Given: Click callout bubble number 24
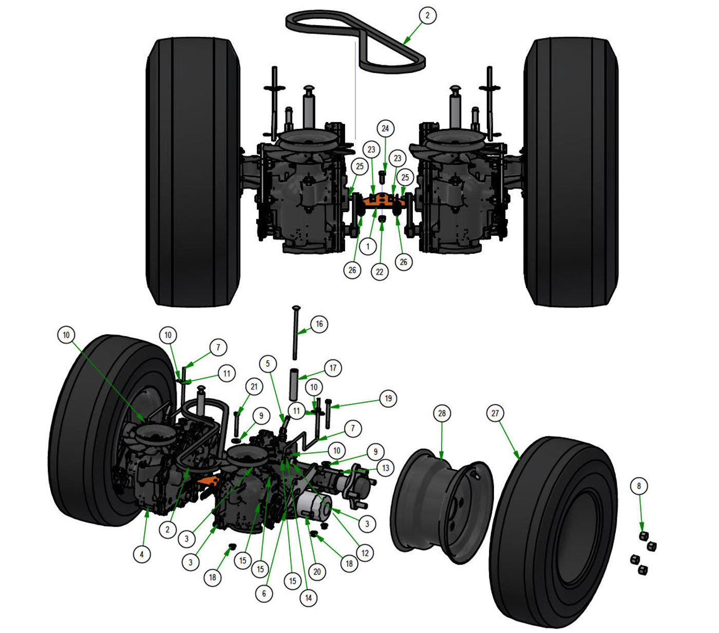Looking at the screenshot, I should point(385,128).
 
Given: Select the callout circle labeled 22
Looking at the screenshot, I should point(380,272).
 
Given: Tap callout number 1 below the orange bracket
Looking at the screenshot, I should point(368,247).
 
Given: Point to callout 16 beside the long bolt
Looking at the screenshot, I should point(319,324).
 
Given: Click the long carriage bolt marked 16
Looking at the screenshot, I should point(296,334).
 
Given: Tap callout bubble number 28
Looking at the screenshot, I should point(442,414).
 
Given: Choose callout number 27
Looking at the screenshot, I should point(495,413).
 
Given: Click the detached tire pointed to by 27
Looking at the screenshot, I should point(555,529).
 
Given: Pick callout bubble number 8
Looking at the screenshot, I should point(639,486).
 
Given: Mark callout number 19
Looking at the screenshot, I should point(388,398).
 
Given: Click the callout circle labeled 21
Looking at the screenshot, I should point(254,387).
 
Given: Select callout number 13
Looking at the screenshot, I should point(386,468).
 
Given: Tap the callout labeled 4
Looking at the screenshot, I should point(142,554).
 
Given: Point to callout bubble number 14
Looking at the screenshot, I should point(308,598).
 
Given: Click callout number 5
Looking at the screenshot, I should point(268,364).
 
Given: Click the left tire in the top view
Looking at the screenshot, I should point(194,172).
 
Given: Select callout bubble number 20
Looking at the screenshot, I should point(317,571).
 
